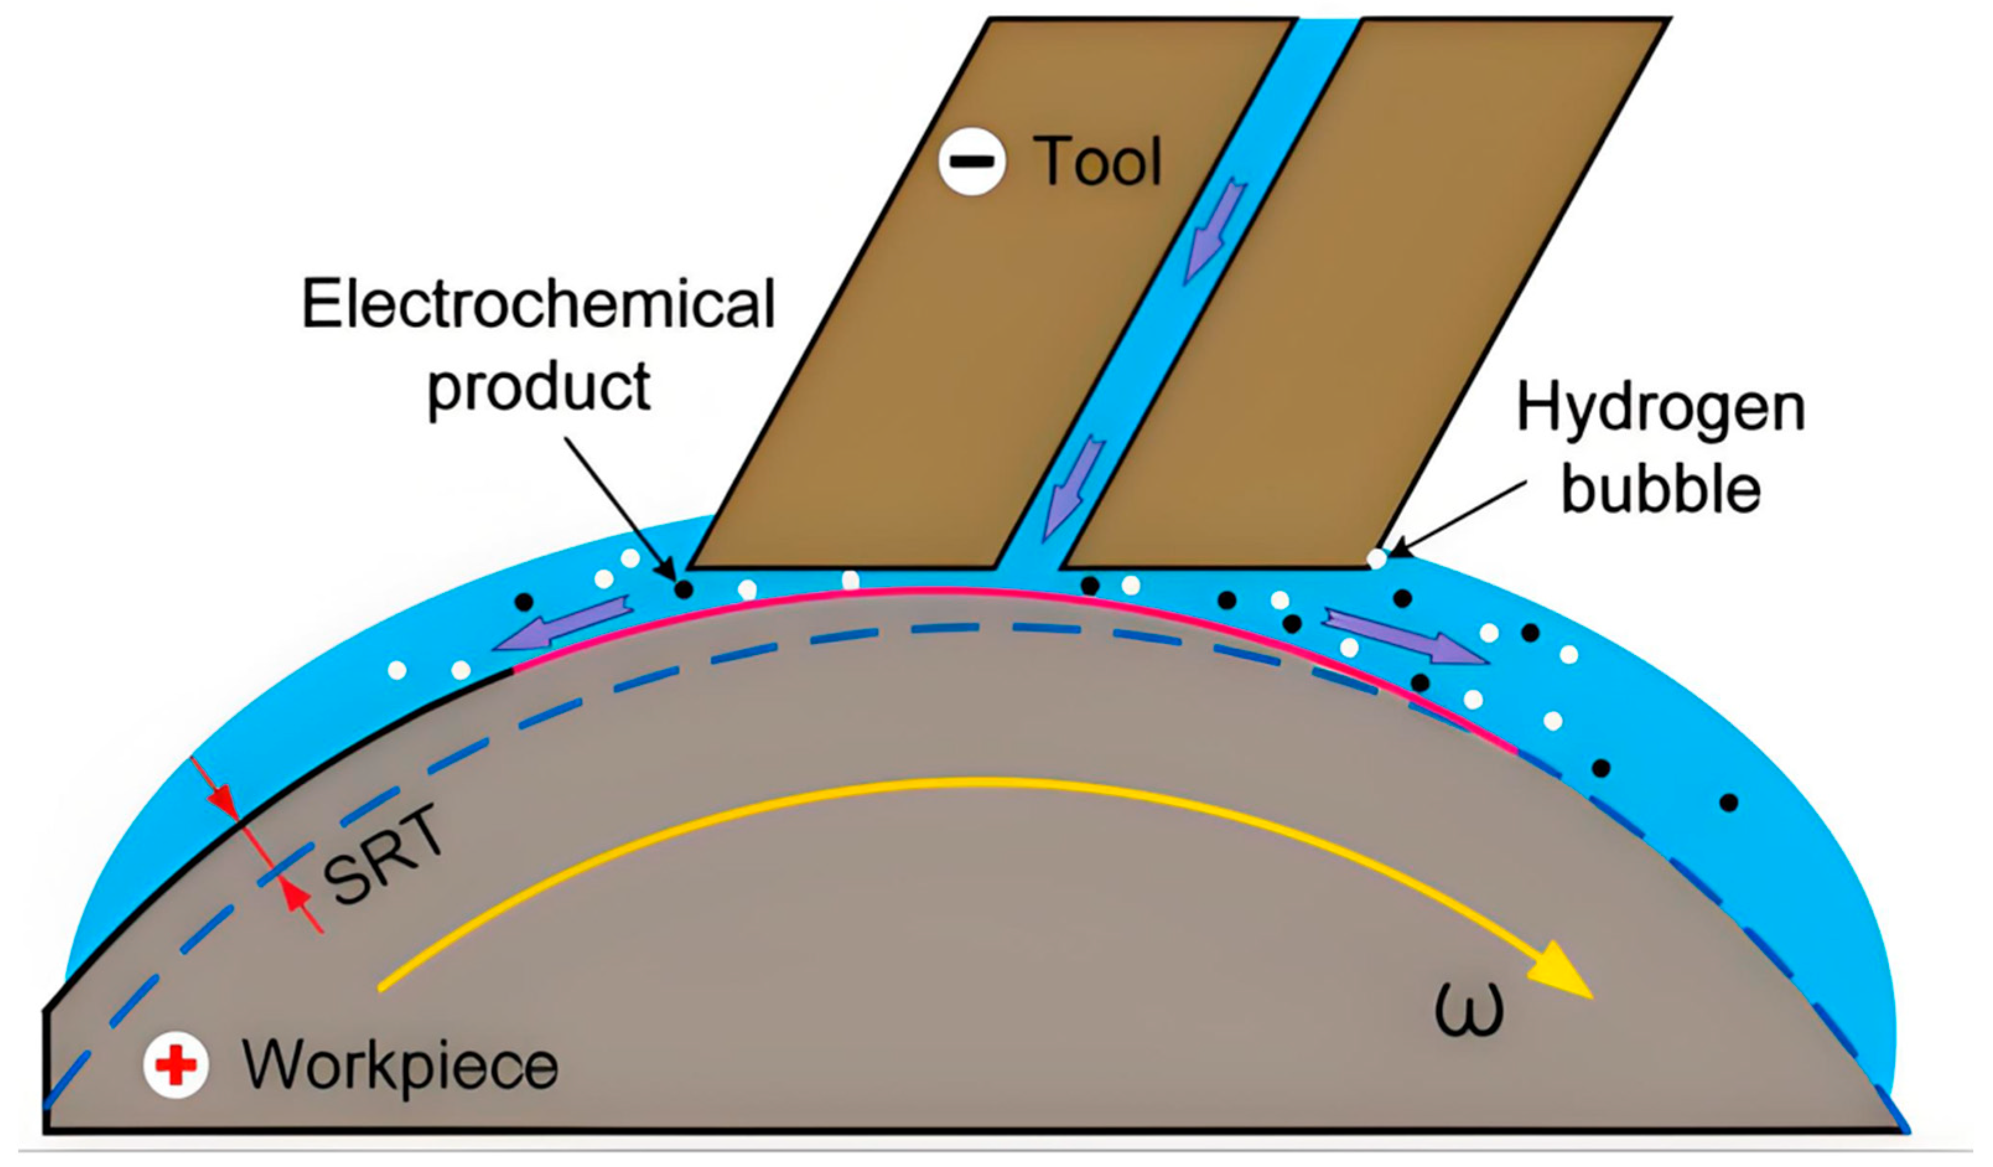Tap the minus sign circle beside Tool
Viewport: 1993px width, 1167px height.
click(x=972, y=161)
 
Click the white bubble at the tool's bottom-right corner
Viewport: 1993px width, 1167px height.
click(x=1377, y=558)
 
